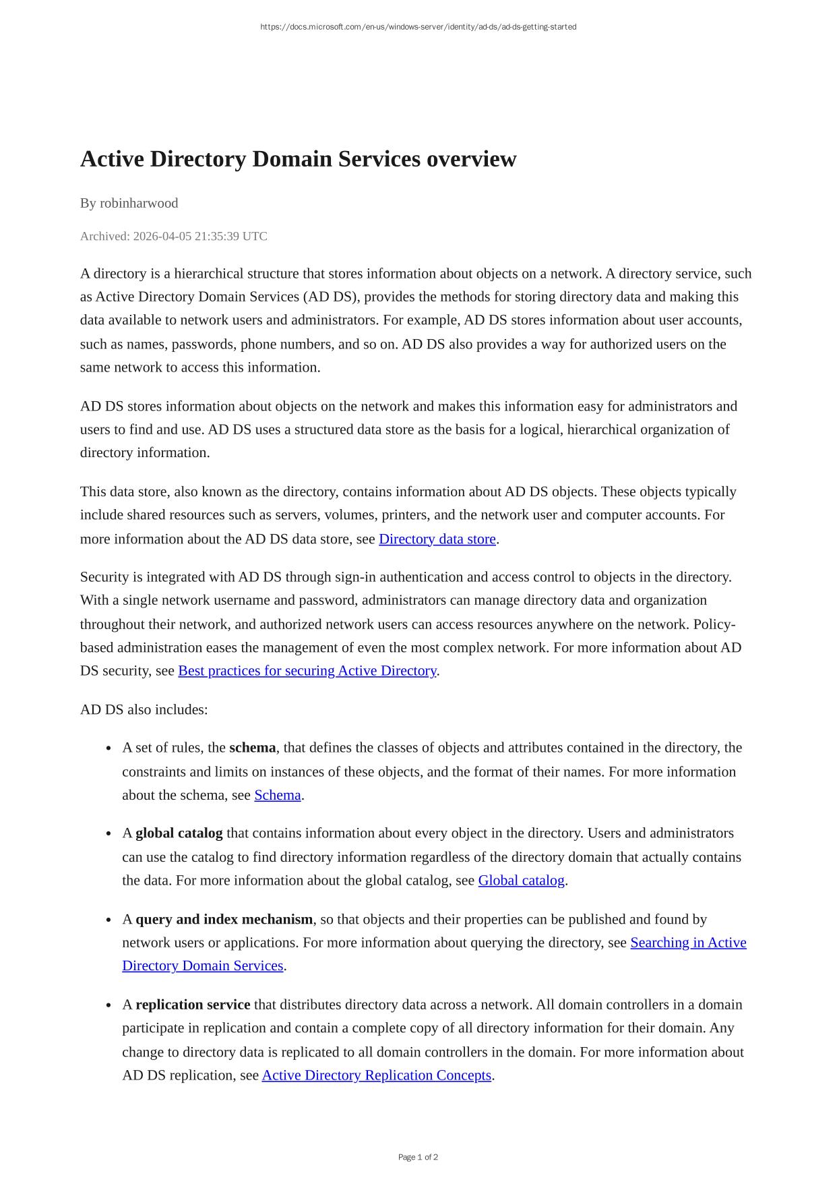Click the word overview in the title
coord(471,160)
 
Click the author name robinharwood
coord(139,203)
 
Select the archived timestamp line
coord(173,236)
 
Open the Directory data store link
coord(437,539)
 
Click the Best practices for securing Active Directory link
coord(307,671)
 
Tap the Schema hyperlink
coord(277,795)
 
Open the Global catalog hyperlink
coord(521,881)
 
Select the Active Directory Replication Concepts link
coord(376,1075)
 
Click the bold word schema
coord(252,748)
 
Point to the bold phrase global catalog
coord(179,833)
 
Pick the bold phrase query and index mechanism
coord(224,920)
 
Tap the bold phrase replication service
coord(193,1005)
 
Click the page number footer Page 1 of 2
coord(418,1157)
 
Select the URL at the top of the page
coord(418,27)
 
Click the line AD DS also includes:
coord(144,709)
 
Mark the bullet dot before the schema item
coord(108,749)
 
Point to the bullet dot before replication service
coord(108,1006)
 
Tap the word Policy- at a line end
coord(714,624)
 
